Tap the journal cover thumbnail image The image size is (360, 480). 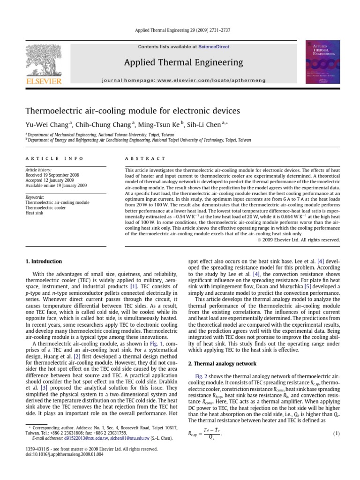coord(323,62)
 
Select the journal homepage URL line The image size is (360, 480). coord(184,81)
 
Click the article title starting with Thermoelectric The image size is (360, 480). coord(126,111)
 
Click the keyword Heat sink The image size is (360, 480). coord(35,212)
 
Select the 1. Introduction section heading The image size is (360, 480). coord(43,261)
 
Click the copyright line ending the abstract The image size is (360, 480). coord(298,240)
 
